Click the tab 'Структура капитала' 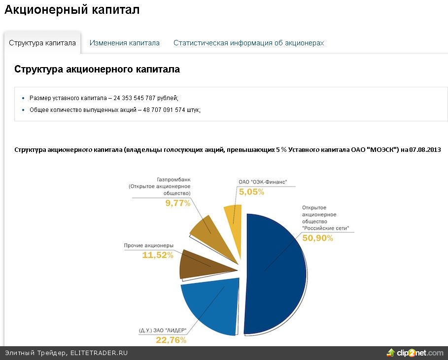(x=42, y=43)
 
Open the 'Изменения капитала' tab (x=125, y=43)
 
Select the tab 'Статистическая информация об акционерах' (x=248, y=43)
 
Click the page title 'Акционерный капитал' (x=72, y=10)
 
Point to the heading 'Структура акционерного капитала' (x=97, y=70)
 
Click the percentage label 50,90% (x=318, y=238)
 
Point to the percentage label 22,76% (x=171, y=340)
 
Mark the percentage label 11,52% (x=157, y=255)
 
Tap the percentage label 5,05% (x=251, y=192)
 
